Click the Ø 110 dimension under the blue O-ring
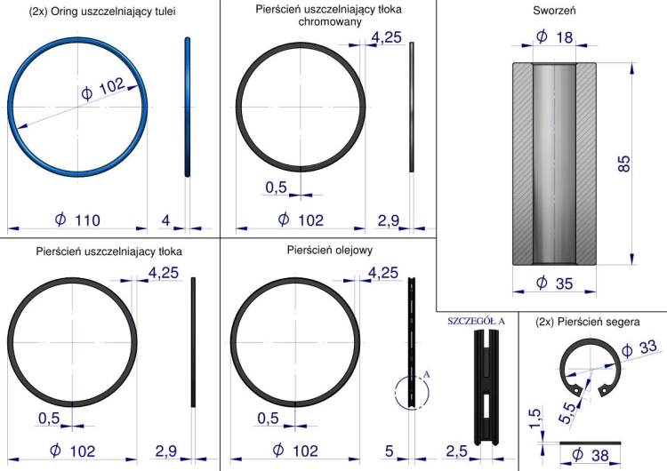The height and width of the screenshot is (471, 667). tap(77, 220)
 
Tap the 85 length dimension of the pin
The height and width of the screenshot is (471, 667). tap(623, 164)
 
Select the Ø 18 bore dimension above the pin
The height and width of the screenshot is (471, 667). tap(555, 37)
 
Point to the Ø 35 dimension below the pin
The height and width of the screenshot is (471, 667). tap(555, 283)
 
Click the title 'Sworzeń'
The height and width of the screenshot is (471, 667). tap(554, 11)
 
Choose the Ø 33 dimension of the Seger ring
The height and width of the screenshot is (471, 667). tap(639, 348)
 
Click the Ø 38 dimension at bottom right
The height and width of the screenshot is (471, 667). tap(591, 455)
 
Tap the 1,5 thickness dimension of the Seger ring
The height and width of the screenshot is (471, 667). tap(534, 419)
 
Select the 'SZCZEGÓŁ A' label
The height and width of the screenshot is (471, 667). tap(476, 322)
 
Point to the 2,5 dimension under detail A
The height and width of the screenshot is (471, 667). tap(456, 451)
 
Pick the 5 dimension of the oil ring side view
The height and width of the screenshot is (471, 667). tap(390, 451)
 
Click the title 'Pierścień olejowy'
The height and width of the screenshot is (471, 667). tap(330, 250)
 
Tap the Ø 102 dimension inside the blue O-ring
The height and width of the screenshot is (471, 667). tap(103, 89)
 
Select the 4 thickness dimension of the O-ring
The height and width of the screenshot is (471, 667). tap(165, 220)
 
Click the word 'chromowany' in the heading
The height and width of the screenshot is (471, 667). tap(330, 21)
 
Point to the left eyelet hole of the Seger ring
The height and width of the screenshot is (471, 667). tap(576, 389)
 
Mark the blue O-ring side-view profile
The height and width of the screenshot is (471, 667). tap(187, 107)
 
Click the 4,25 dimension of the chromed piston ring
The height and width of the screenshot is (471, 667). tap(386, 37)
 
